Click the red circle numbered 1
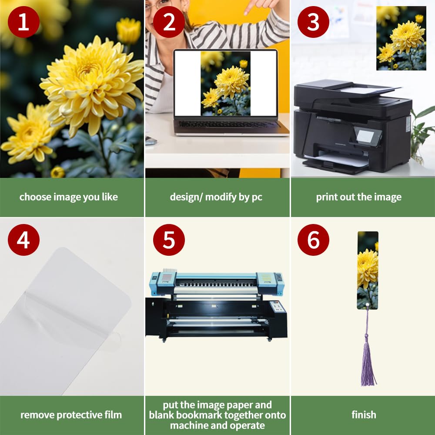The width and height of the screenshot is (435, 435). (x=23, y=22)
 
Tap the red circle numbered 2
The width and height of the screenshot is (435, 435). (x=169, y=22)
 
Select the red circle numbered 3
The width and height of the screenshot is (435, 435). (x=313, y=22)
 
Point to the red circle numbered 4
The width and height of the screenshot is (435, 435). (x=23, y=240)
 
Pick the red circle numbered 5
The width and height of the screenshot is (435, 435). (x=169, y=240)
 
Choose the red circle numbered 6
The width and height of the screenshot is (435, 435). (x=313, y=240)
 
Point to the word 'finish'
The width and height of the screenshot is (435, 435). (x=364, y=415)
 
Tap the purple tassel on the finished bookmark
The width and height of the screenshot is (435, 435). (x=368, y=361)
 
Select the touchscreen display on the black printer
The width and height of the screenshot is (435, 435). (x=365, y=137)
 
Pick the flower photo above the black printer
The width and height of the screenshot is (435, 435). (x=401, y=38)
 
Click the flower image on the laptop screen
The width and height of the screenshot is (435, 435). (x=225, y=83)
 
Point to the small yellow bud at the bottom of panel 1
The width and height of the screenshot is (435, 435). (x=58, y=172)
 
